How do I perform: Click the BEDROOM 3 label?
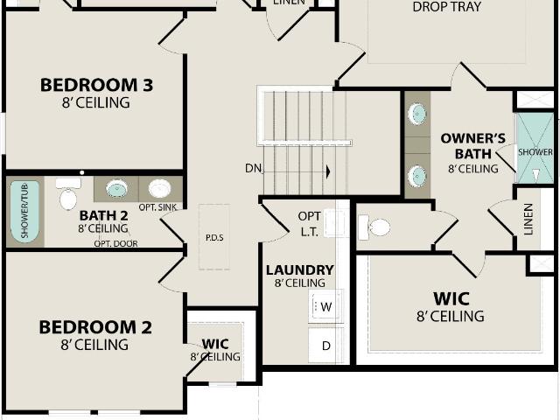97,85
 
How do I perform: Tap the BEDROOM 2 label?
95,327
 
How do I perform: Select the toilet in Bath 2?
68,193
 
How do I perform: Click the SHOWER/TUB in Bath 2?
24,212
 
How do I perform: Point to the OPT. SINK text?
157,207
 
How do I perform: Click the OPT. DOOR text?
115,243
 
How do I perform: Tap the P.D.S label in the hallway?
214,237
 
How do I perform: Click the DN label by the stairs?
253,168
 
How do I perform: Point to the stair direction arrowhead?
328,171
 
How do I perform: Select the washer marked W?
326,306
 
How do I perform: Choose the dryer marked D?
325,346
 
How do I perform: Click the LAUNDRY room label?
300,270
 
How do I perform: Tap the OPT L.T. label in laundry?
309,224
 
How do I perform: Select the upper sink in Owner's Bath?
417,114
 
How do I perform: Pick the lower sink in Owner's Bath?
417,176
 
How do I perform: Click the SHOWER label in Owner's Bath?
535,152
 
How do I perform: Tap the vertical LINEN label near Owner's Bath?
528,220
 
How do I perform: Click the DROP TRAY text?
447,7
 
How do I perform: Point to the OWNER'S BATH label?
473,146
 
